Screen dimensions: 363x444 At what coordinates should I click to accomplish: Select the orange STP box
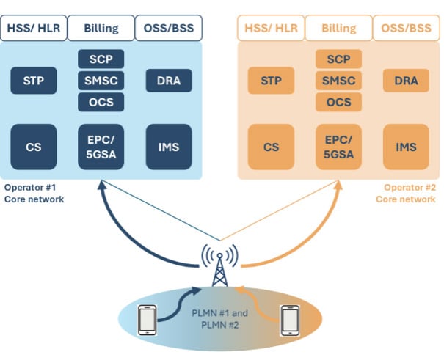point(272,81)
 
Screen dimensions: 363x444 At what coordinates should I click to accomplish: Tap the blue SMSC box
point(101,80)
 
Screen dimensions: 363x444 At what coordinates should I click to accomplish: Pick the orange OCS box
point(338,102)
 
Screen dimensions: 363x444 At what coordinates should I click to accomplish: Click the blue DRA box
point(169,81)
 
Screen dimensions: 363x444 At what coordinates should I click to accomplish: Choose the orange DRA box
point(406,81)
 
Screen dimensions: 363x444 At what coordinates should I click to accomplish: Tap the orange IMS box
point(406,147)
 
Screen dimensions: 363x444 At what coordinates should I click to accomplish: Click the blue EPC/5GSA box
point(101,147)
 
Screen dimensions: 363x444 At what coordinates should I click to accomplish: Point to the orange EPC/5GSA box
point(338,147)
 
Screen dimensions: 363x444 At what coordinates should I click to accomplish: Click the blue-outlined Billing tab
point(101,29)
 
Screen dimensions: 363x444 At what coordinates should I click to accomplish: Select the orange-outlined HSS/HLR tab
point(272,29)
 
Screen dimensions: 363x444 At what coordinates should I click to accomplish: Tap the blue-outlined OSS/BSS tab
point(169,29)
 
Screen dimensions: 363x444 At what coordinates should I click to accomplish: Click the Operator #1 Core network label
point(34,193)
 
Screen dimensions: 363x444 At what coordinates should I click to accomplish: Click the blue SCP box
point(101,59)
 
